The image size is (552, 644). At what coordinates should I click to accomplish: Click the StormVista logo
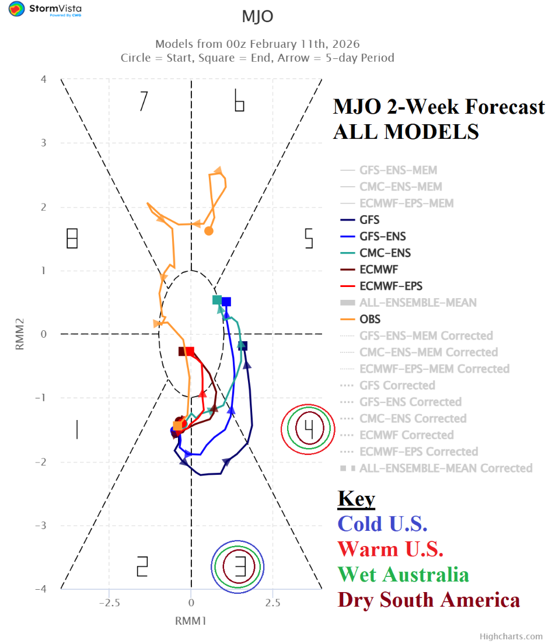45,9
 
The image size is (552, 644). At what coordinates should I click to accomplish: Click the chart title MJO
257,17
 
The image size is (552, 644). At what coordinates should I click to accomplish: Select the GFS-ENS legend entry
383,236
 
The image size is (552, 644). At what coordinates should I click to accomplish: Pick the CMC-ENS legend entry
385,253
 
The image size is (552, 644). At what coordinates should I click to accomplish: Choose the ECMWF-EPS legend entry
391,286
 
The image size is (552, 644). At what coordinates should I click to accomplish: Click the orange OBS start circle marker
209,230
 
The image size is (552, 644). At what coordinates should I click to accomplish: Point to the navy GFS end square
243,346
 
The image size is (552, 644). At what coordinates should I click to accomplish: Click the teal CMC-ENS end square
217,300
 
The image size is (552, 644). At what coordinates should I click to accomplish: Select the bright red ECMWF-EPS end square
190,351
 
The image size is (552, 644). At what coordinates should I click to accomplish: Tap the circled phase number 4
309,429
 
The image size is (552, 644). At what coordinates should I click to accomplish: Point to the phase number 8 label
72,238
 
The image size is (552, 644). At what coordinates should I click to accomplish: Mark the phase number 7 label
143,101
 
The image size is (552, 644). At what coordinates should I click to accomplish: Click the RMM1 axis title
191,621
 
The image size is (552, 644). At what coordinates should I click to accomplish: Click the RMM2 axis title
19,334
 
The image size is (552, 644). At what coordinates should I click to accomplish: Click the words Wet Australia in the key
403,574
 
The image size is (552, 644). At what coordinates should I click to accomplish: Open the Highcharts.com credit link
511,636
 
